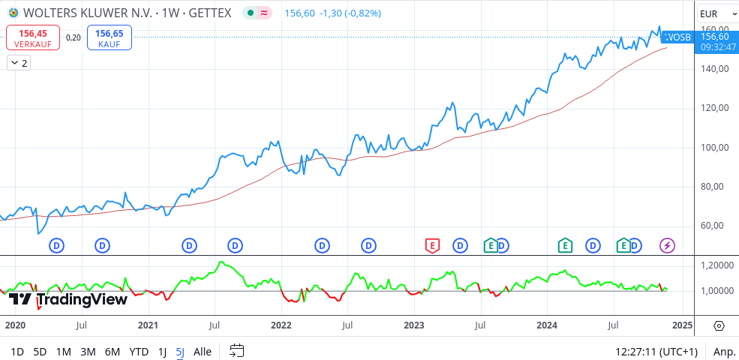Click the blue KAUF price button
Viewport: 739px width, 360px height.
pyautogui.click(x=110, y=37)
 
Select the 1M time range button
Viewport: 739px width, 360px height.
pyautogui.click(x=64, y=351)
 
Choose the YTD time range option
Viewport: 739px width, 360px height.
pyautogui.click(x=139, y=351)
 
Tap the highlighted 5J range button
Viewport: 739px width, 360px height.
pyautogui.click(x=180, y=351)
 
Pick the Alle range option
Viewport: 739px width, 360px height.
pyautogui.click(x=203, y=351)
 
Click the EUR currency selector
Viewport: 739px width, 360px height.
pyautogui.click(x=708, y=13)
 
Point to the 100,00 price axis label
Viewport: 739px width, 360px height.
pyautogui.click(x=713, y=147)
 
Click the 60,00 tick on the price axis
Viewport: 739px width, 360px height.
pyautogui.click(x=713, y=226)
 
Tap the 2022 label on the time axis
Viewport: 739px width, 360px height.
pyautogui.click(x=281, y=325)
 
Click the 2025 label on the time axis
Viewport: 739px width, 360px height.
pyautogui.click(x=681, y=325)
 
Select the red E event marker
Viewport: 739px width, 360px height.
pyautogui.click(x=431, y=244)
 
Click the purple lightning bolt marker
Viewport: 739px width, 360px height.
pyautogui.click(x=667, y=244)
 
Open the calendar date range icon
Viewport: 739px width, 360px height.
pyautogui.click(x=237, y=350)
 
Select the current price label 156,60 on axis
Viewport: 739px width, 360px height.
pyautogui.click(x=713, y=37)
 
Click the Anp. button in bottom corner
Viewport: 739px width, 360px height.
pyautogui.click(x=724, y=351)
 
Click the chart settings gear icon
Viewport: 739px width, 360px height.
pyautogui.click(x=719, y=325)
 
